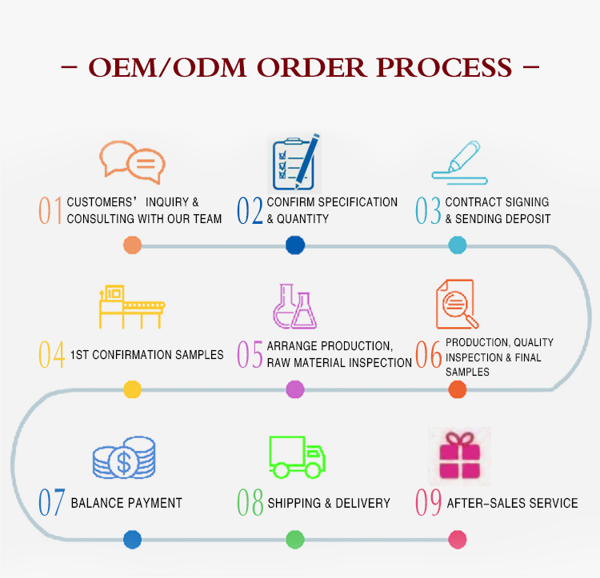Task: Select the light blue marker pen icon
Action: (x=459, y=162)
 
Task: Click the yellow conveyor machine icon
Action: (x=132, y=306)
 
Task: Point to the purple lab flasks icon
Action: (x=294, y=306)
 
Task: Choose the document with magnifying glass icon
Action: (x=457, y=305)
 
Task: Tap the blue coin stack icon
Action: (x=124, y=457)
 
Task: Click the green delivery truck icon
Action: (x=297, y=457)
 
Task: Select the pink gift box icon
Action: (x=459, y=456)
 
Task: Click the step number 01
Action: (x=50, y=210)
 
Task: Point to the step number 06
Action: (x=429, y=354)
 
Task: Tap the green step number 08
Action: (x=250, y=502)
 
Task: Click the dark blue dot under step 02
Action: (x=295, y=245)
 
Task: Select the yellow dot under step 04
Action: (x=132, y=389)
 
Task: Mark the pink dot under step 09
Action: (x=458, y=540)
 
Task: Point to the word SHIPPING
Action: (x=294, y=503)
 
